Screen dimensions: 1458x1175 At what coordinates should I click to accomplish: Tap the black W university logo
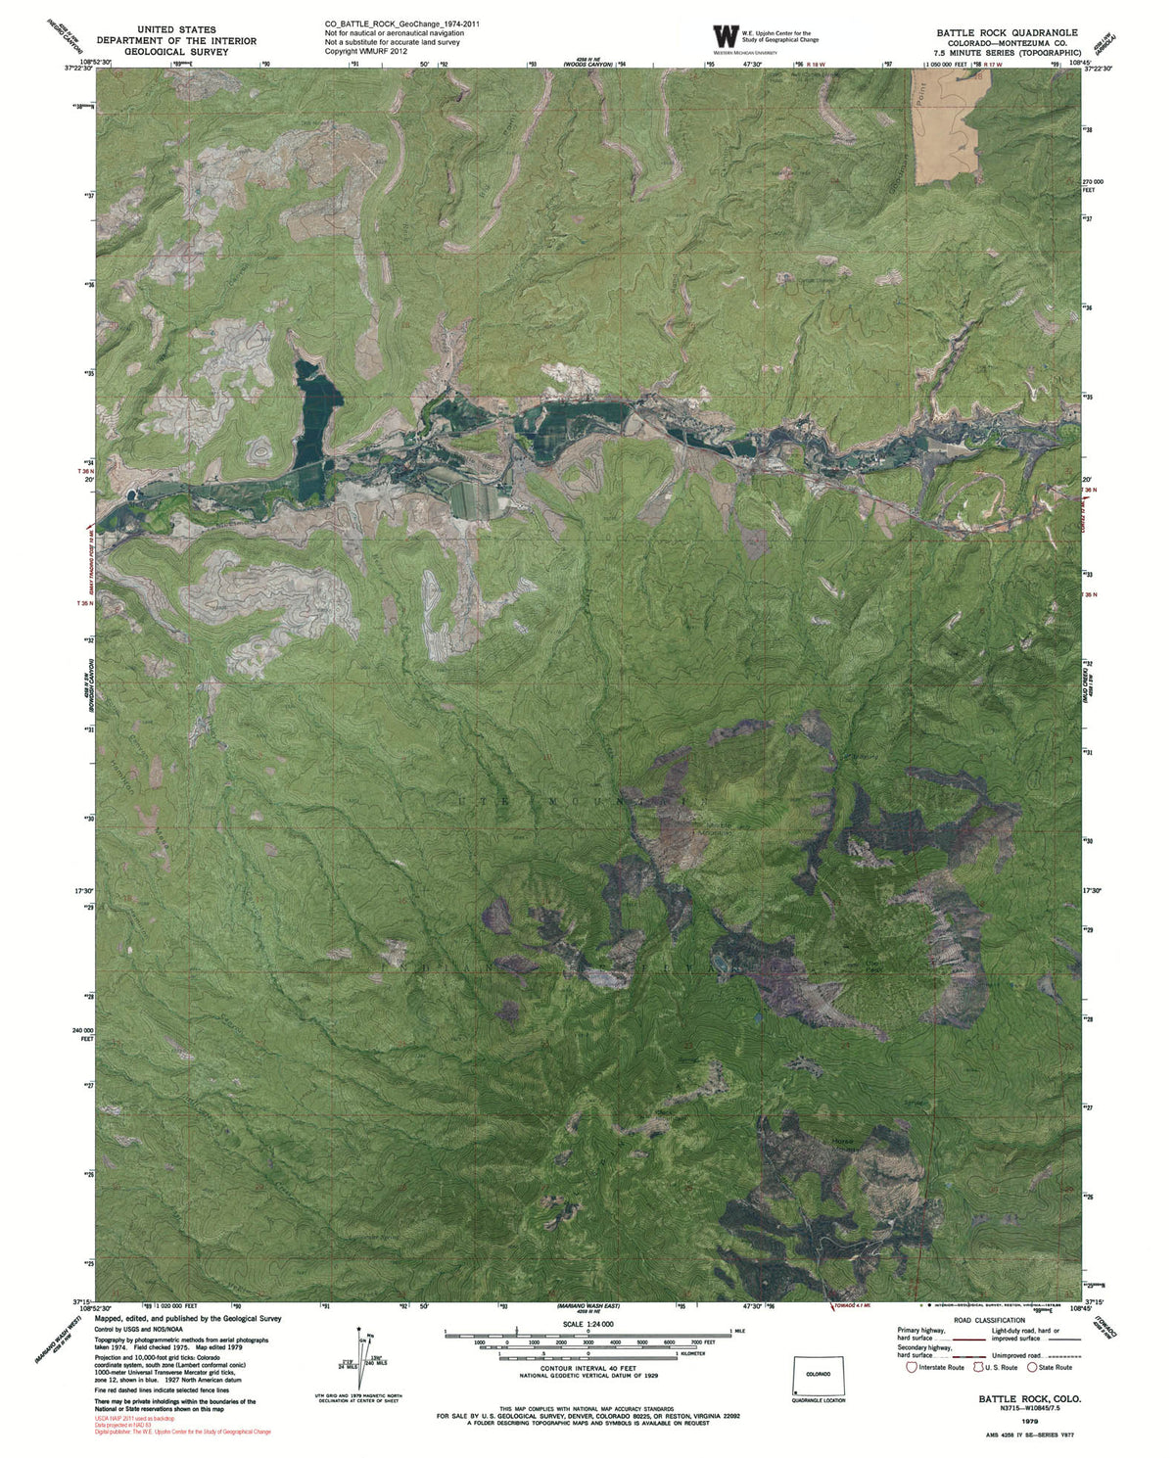[x=727, y=36]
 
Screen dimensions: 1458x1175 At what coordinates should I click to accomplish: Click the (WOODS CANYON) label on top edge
[x=587, y=65]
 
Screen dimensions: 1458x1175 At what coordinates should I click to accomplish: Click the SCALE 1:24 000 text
[x=587, y=1324]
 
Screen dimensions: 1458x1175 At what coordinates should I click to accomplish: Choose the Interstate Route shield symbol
[x=913, y=1367]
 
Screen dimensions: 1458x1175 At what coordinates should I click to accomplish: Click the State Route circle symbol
[x=1032, y=1367]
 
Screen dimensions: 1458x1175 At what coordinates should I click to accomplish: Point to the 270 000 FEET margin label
[x=1093, y=186]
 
